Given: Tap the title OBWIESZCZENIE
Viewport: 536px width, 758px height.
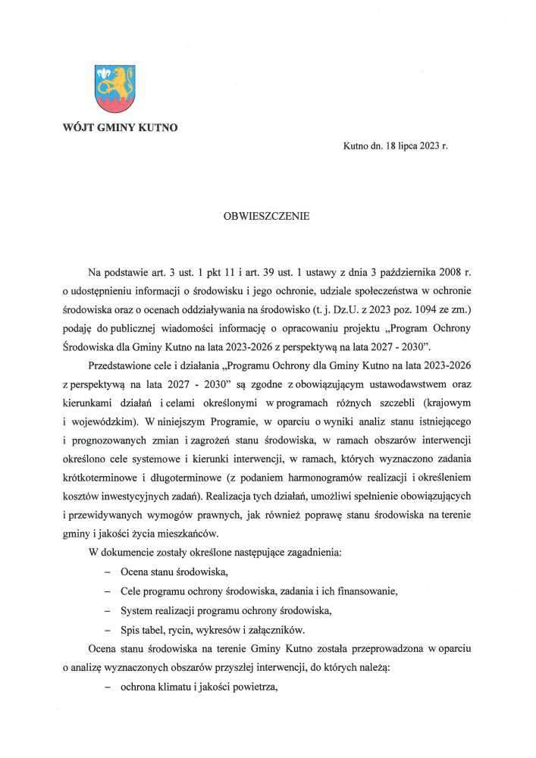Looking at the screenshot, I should click(x=267, y=215).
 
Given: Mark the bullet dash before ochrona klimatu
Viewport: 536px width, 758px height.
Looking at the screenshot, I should click(x=108, y=688).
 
